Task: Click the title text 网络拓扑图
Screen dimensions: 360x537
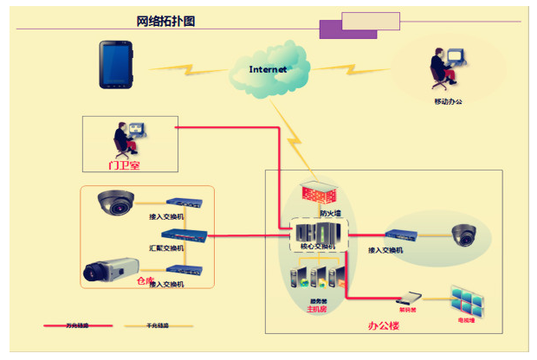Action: tap(165, 22)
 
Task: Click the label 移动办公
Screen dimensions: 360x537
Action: tap(448, 102)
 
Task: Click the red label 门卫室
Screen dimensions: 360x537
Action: tap(124, 164)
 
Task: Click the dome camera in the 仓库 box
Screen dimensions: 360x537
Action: tap(114, 202)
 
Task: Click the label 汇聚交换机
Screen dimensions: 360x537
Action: tap(166, 247)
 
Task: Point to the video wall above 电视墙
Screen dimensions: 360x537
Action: tap(469, 300)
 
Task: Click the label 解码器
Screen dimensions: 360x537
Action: tap(408, 309)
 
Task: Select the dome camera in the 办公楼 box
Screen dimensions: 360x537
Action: tap(463, 234)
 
